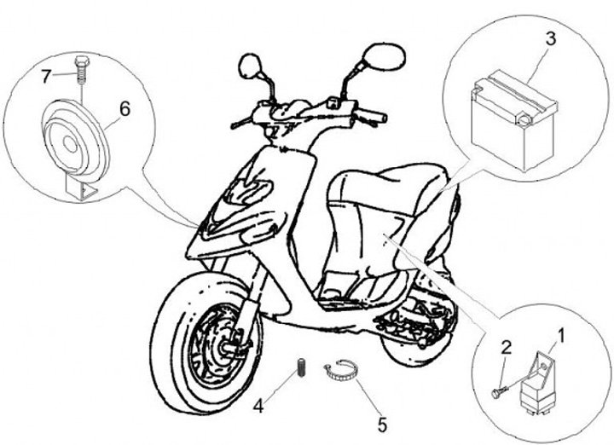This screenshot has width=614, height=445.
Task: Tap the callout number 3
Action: point(551,38)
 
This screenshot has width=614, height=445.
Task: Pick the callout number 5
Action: point(383,421)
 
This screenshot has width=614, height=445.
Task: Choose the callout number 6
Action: point(124,108)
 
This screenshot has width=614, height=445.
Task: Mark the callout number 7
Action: point(47,77)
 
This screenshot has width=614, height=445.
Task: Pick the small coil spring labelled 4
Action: point(300,367)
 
